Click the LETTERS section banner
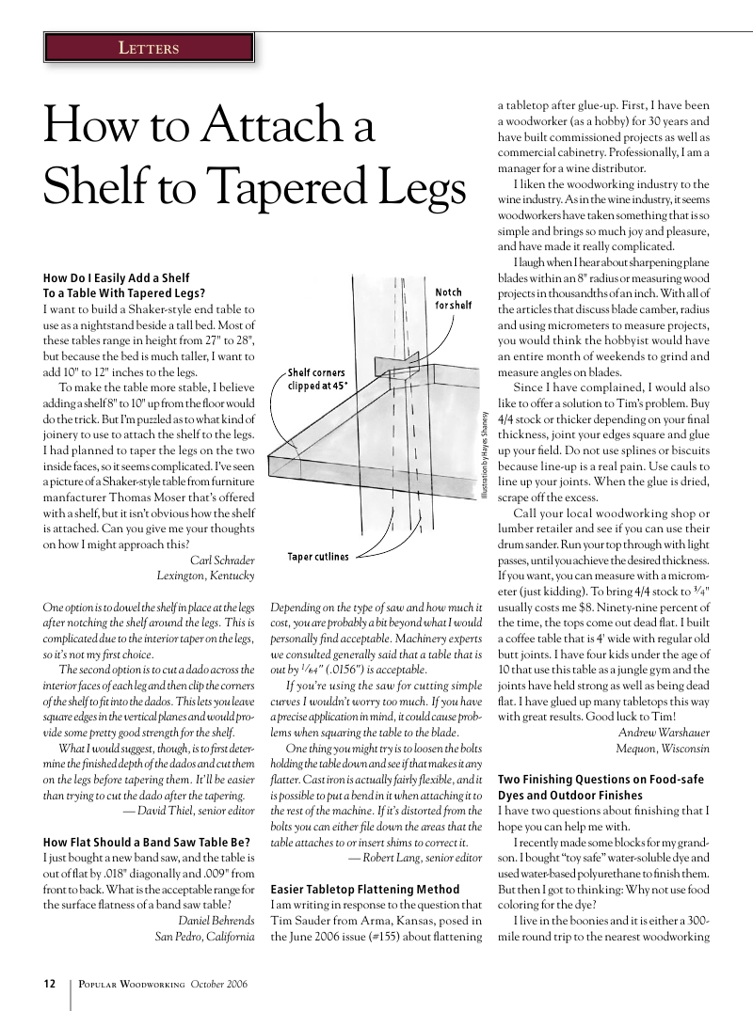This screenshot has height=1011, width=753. [148, 47]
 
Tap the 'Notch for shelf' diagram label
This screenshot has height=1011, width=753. [454, 299]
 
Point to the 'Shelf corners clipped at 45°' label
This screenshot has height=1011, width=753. [316, 379]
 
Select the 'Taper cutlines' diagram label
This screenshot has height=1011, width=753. [317, 557]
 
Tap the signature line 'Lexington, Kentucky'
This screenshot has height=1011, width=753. [205, 576]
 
